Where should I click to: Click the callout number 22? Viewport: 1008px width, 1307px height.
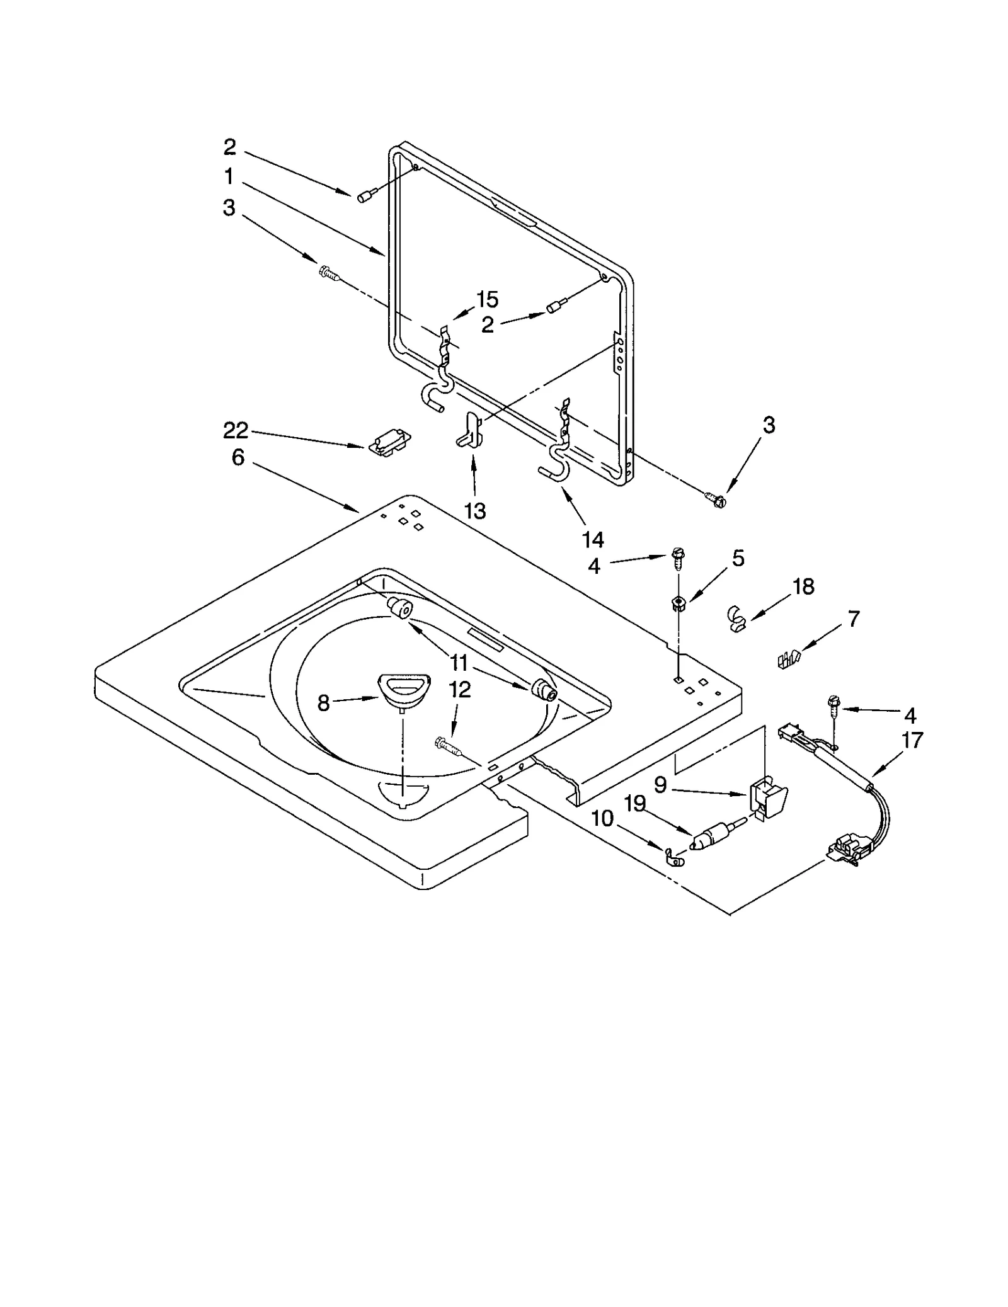[236, 431]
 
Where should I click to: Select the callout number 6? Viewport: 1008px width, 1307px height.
[238, 457]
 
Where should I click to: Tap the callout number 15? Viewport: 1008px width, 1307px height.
[487, 299]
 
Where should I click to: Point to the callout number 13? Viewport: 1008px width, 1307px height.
[475, 511]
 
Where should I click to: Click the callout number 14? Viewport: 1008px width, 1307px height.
[593, 539]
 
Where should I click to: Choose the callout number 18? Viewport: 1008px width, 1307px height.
[803, 586]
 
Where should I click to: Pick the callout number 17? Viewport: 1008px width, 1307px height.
[912, 739]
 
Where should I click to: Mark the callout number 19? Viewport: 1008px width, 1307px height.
[636, 804]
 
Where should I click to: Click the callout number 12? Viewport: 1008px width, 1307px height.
[460, 690]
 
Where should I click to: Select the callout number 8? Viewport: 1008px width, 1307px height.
[323, 703]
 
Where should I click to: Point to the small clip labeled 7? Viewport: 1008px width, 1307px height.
[787, 659]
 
